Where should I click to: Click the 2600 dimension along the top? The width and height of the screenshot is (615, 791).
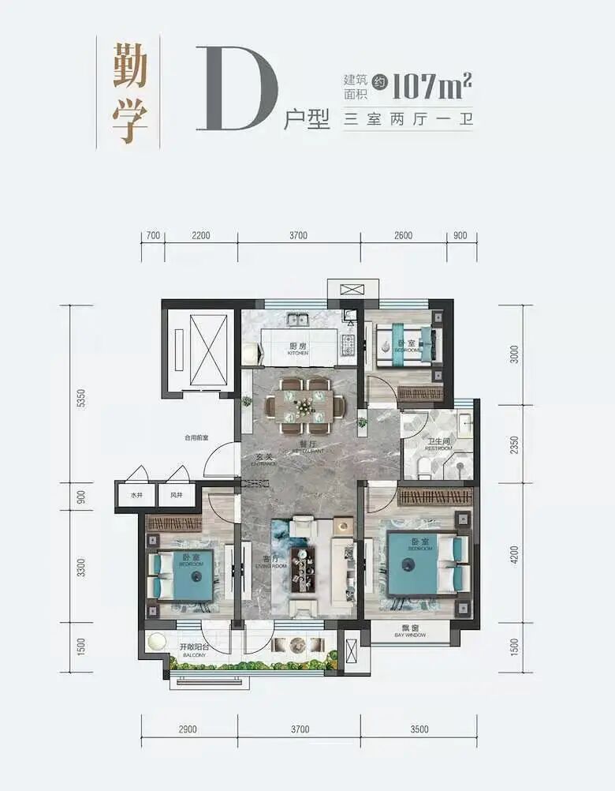pyautogui.click(x=403, y=235)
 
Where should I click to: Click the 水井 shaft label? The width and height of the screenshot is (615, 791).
pyautogui.click(x=136, y=495)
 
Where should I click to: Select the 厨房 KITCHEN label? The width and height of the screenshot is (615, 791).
pyautogui.click(x=297, y=349)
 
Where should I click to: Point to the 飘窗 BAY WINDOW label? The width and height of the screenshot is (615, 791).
pyautogui.click(x=409, y=632)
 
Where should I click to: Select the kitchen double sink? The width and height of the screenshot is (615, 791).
pyautogui.click(x=298, y=321)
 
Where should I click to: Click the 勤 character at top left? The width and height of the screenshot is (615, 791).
pyautogui.click(x=130, y=66)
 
